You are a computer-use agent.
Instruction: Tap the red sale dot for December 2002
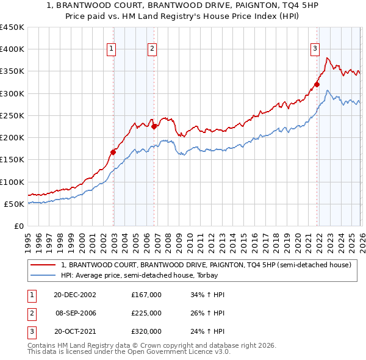(x=113, y=152)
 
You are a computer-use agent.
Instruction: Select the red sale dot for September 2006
(x=154, y=127)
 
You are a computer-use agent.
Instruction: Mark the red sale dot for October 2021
(x=317, y=85)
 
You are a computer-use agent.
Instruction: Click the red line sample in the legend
(x=43, y=265)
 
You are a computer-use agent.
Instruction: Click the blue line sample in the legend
(x=43, y=275)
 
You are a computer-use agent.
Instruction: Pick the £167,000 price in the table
(x=146, y=295)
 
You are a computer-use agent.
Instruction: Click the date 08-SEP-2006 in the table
(x=76, y=313)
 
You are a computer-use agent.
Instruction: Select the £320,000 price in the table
(x=146, y=331)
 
